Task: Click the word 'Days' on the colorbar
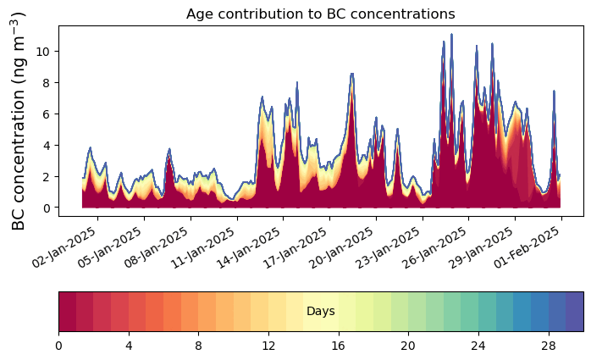[321, 312]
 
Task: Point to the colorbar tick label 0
[58, 346]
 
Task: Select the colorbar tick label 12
[268, 346]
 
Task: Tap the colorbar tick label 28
[549, 346]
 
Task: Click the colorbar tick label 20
[408, 346]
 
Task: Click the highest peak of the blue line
[451, 35]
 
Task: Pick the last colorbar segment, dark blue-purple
[575, 311]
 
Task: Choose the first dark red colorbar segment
[67, 311]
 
